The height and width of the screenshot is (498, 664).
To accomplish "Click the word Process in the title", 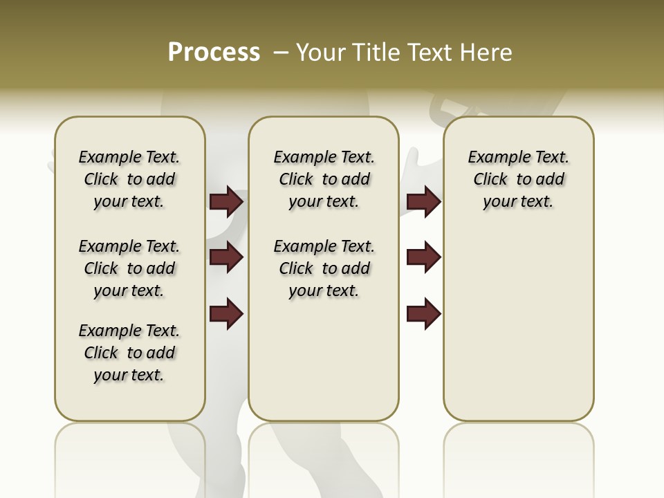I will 214,53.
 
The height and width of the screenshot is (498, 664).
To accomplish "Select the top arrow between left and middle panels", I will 226,202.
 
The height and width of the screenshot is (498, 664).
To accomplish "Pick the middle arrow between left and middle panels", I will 226,258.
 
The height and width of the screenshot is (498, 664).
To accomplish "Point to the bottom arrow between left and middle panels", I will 226,314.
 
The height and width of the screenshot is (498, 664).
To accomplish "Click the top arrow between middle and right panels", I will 423,202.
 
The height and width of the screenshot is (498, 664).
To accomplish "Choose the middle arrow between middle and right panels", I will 423,258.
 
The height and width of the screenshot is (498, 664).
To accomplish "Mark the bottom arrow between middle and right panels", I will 423,314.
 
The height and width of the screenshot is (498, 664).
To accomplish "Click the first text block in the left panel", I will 129,179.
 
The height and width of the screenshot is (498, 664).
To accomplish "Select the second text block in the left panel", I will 129,268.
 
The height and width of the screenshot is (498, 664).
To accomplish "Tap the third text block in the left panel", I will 129,353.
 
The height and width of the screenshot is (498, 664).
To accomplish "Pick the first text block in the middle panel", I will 324,179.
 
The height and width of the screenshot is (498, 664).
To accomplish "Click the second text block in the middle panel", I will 324,268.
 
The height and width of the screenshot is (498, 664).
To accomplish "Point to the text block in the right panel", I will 518,179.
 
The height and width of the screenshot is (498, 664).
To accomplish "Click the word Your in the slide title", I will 321,53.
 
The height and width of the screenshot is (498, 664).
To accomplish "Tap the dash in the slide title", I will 281,53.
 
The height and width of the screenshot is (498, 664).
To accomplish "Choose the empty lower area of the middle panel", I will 324,360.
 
